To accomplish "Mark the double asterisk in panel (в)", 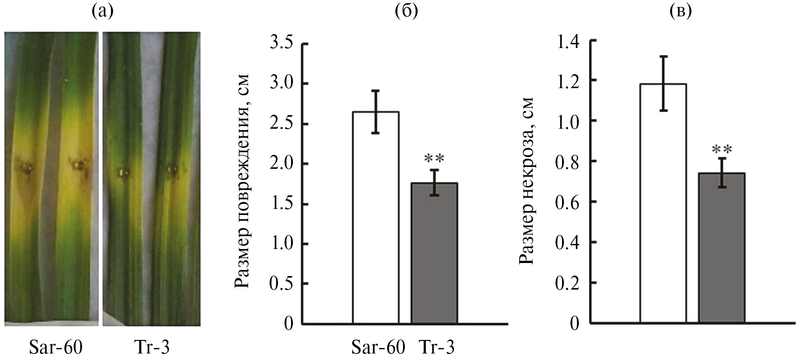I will [722, 150].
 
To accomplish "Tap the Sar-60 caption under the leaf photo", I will [55, 348].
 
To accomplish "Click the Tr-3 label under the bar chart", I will [437, 348].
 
